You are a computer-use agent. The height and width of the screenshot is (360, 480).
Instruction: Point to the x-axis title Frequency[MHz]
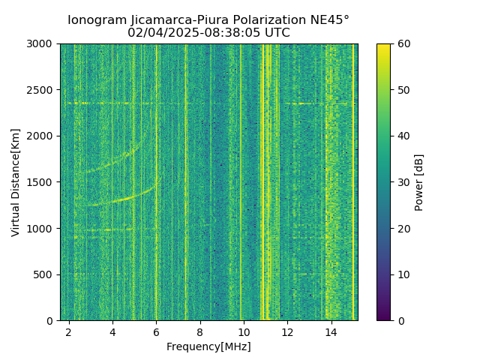(x=208, y=346)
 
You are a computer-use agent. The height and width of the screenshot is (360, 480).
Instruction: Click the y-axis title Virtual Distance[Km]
(x=16, y=182)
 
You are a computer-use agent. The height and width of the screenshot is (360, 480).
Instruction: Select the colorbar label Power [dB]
(x=419, y=182)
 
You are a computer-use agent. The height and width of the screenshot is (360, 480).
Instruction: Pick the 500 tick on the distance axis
(x=46, y=274)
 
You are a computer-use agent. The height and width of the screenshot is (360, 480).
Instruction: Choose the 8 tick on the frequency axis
(x=199, y=331)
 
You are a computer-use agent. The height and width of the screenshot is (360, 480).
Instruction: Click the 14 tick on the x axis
(x=331, y=331)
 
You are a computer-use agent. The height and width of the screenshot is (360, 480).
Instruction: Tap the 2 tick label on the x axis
(x=69, y=331)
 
